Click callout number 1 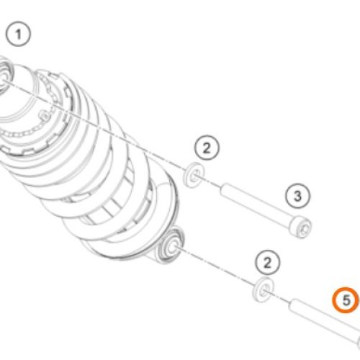(18, 34)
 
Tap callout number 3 (298, 196)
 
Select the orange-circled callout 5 (346, 300)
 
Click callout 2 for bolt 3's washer (207, 148)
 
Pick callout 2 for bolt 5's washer (267, 262)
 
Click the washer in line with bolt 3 (194, 175)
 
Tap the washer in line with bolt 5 (263, 289)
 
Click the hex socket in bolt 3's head (305, 229)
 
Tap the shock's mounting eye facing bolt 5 (170, 246)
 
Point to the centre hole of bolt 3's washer (195, 176)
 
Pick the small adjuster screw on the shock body (45, 116)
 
